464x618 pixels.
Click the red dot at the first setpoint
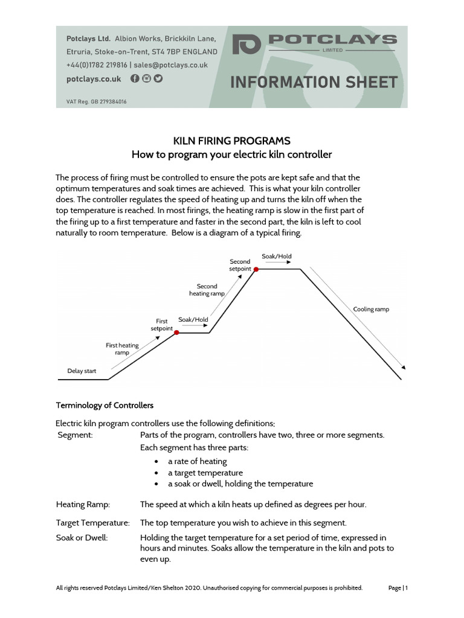pos(176,332)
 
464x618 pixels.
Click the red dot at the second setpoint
pos(256,269)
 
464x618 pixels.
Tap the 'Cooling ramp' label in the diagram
pos(371,309)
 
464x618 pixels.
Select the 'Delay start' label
pos(82,371)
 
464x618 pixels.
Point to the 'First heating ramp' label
pos(122,349)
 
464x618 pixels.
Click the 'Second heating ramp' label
pos(207,290)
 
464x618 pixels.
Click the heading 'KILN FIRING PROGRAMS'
pos(232,141)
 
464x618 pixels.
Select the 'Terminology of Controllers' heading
pos(105,405)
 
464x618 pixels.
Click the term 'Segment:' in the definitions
pos(75,435)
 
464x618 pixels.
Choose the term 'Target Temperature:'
pos(93,523)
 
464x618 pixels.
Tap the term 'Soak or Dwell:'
pos(82,537)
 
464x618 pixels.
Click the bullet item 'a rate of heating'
pos(198,461)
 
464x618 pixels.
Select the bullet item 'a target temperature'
pos(205,473)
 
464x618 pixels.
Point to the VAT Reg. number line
pos(96,102)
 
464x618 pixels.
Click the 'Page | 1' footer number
pos(398,587)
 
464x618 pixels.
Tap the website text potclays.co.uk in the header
pos(94,79)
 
